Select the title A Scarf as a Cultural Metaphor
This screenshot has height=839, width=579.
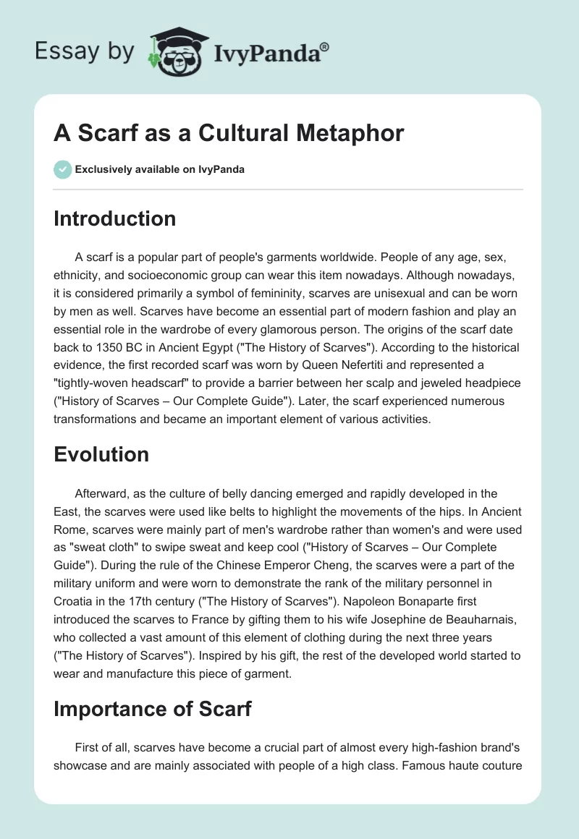(229, 134)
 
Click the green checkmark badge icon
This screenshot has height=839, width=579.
(62, 169)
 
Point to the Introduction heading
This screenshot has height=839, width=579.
(114, 218)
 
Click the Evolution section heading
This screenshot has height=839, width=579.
(101, 453)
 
